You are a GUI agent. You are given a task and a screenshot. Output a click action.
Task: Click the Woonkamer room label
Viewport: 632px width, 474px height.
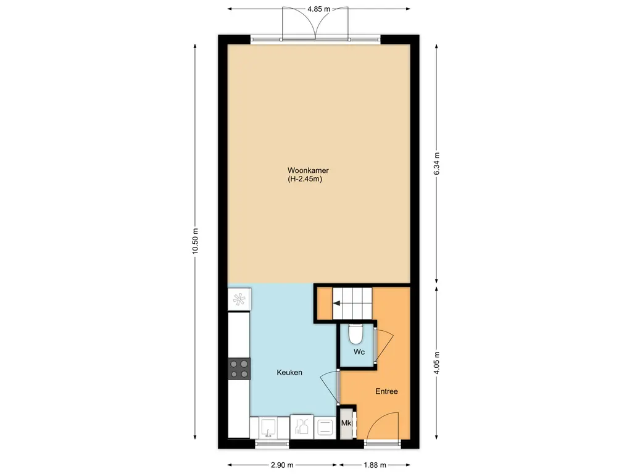[x=308, y=170]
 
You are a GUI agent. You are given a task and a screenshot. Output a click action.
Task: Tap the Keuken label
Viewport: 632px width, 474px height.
[x=289, y=372]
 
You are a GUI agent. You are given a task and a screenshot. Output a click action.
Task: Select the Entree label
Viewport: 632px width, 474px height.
[x=386, y=391]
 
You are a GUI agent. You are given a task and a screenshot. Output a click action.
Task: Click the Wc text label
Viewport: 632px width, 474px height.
[x=359, y=352]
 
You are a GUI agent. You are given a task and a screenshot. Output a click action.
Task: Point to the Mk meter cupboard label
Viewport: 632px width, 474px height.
[x=346, y=423]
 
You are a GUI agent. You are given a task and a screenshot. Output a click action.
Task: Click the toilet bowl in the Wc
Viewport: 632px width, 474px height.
[x=355, y=333]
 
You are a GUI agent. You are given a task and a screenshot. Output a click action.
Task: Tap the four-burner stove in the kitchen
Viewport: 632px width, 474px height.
[x=239, y=369]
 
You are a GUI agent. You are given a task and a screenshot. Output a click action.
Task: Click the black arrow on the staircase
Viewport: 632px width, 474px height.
[x=337, y=303]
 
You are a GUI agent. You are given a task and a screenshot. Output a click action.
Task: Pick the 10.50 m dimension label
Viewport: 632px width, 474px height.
[x=196, y=241]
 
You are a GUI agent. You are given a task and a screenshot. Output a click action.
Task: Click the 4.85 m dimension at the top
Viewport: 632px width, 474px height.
[x=319, y=9]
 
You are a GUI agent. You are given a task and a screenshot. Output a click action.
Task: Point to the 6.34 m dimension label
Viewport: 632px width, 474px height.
[x=436, y=164]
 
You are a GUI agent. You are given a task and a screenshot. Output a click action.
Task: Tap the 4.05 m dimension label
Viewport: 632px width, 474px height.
[x=436, y=363]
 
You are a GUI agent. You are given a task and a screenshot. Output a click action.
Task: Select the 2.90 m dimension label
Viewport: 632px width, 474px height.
[x=282, y=465]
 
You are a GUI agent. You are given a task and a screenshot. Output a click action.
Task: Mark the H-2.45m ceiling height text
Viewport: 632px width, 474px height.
[x=305, y=180]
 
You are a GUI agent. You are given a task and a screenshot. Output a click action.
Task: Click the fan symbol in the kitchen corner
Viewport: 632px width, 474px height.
[x=239, y=299]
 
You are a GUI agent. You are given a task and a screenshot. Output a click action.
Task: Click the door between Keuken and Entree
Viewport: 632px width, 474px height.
[x=331, y=387]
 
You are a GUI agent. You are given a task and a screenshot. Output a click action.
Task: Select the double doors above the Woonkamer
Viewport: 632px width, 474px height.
[x=315, y=23]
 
